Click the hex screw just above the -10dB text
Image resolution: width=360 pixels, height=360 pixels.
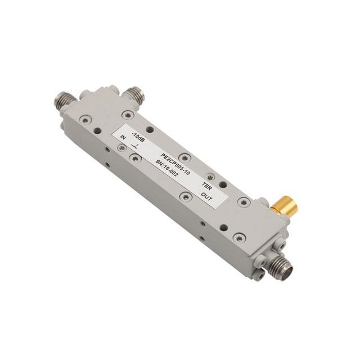129,115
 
